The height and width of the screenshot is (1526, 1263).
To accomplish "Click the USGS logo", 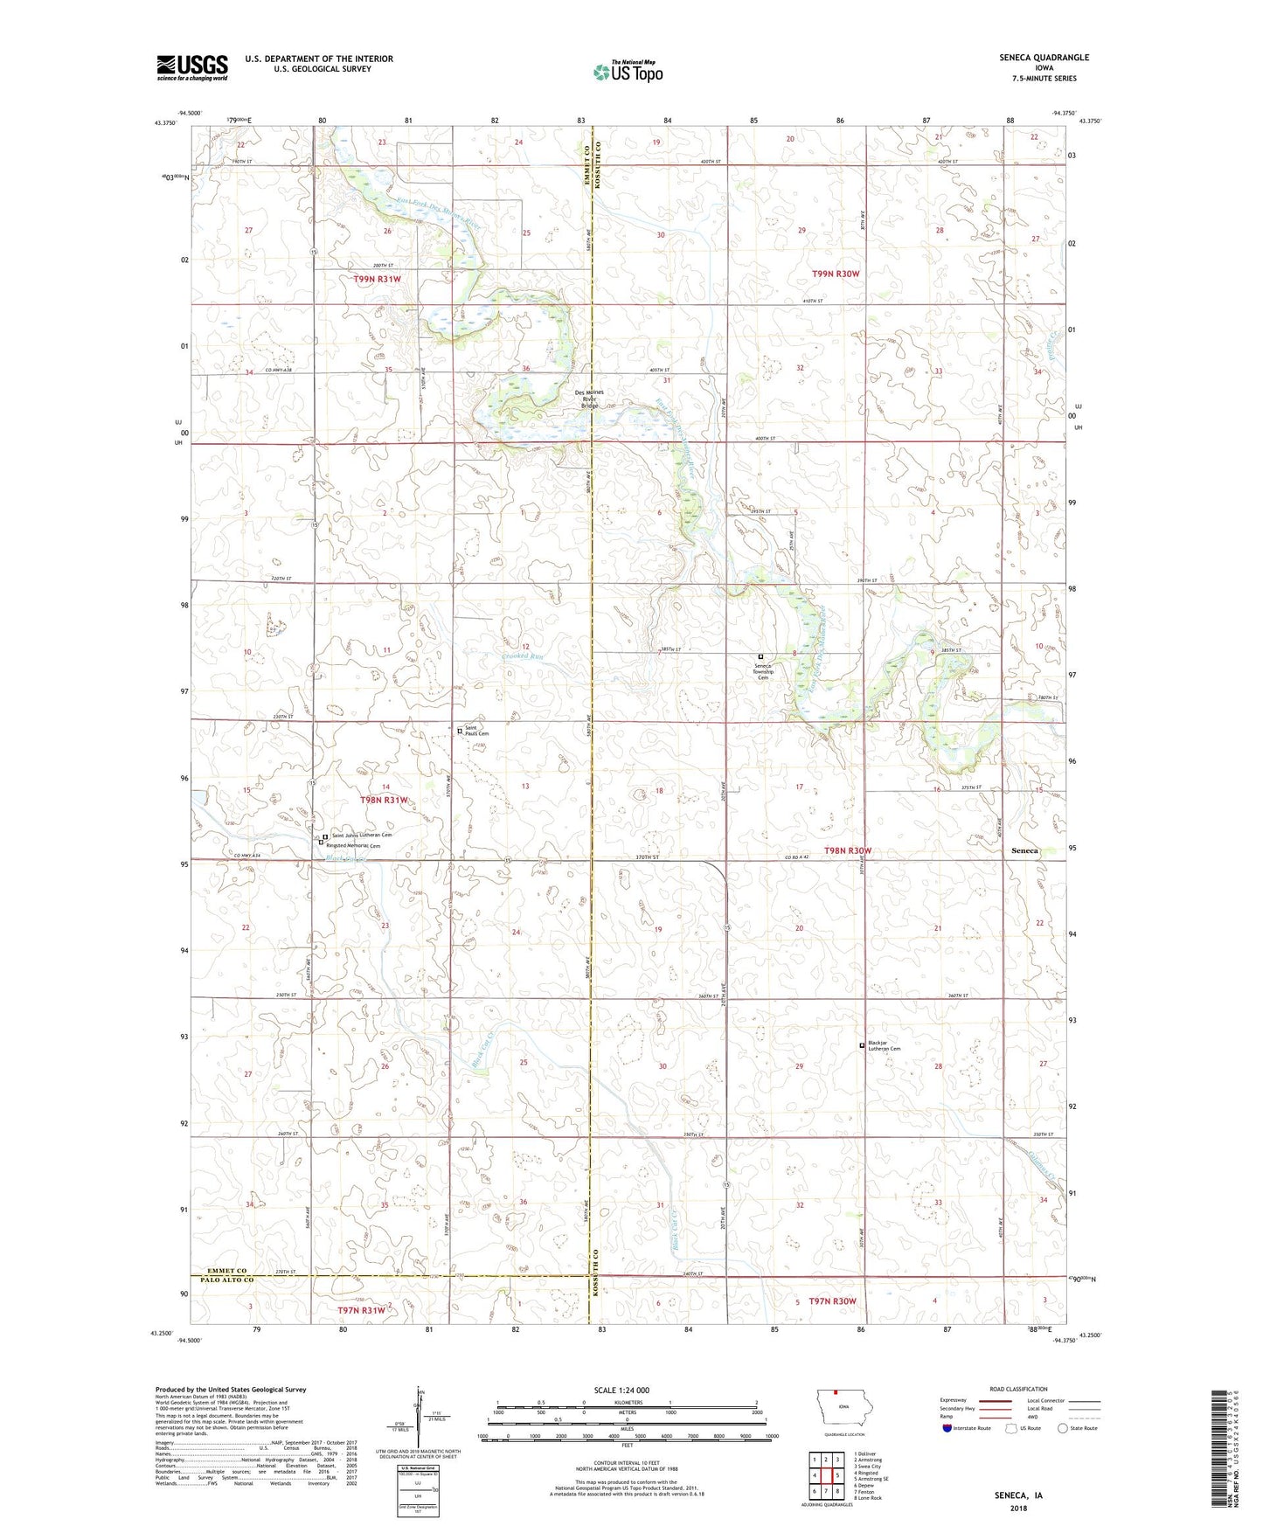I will coord(191,67).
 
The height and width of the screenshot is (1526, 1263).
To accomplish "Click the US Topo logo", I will coord(628,72).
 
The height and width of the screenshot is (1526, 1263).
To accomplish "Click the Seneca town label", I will coord(1024,850).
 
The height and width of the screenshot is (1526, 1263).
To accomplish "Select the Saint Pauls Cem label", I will coord(476,731).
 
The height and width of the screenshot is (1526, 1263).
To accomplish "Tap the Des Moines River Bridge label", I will coord(591,399).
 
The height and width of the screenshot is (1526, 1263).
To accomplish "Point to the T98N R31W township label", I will coord(385,800).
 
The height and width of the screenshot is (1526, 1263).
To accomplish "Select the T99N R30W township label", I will coord(836,274).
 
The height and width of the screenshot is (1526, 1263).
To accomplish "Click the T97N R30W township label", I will coord(832,1301).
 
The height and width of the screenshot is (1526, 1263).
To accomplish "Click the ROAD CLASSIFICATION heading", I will coord(1018,1389).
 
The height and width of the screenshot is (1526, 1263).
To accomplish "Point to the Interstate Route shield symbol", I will coord(947,1429).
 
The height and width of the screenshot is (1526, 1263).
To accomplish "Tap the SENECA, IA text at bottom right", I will coord(1018,1495).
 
